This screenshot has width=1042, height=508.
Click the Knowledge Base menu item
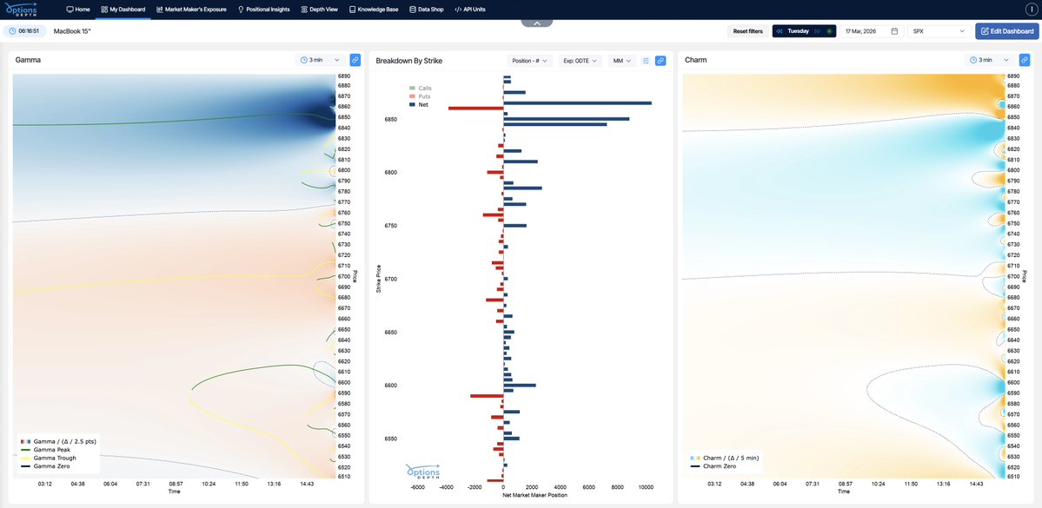[x=374, y=9]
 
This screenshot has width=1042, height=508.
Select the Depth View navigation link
[x=319, y=9]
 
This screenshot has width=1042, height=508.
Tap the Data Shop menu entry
[x=426, y=9]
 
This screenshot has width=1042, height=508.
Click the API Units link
[x=470, y=9]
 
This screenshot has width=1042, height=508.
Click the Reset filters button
[x=747, y=31]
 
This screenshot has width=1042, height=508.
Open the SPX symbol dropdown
[x=939, y=31]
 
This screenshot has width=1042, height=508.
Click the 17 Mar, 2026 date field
[x=872, y=31]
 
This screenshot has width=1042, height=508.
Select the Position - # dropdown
[x=529, y=61]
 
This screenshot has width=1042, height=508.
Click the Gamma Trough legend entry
[x=55, y=458]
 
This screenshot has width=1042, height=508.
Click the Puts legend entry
[x=424, y=96]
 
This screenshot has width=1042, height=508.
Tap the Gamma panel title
[x=28, y=60]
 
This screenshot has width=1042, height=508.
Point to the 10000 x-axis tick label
[x=645, y=487]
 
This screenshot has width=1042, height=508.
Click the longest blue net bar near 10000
[x=577, y=103]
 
